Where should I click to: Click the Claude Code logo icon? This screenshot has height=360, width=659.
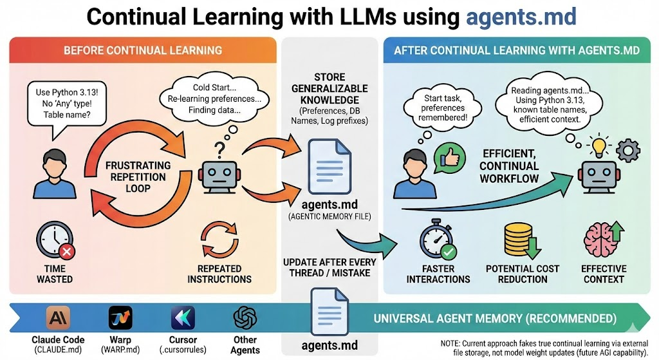(62, 319)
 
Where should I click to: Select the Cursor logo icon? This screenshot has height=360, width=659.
(183, 319)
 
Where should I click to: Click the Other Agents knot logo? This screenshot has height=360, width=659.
(244, 318)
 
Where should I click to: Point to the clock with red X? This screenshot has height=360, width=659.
(55, 242)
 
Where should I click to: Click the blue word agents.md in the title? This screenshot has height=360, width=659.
(521, 17)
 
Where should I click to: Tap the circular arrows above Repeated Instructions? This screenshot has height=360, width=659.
(219, 240)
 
